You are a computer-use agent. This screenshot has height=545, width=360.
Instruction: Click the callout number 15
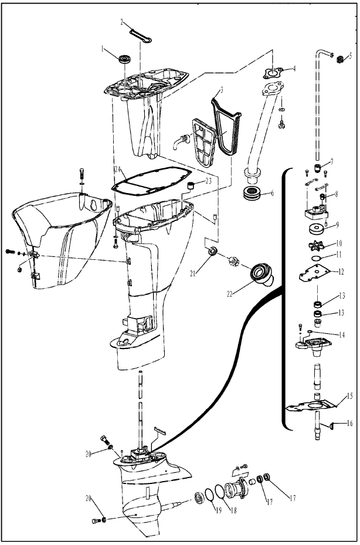[349, 396]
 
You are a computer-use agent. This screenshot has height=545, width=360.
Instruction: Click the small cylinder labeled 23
[191, 186]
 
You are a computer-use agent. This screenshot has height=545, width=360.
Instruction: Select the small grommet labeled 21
[213, 252]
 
